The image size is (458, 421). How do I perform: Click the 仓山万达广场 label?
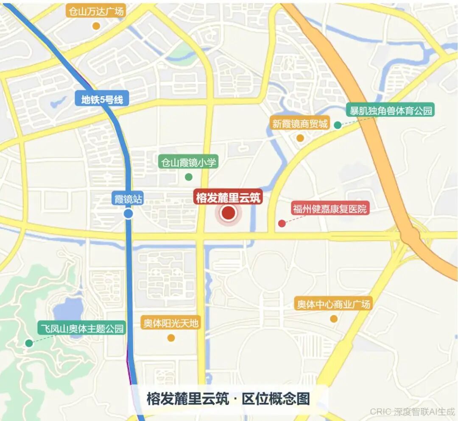pyautogui.click(x=96, y=11)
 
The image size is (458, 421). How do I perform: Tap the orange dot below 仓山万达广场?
pyautogui.click(x=96, y=26)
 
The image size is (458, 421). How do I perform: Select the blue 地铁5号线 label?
pyautogui.click(x=102, y=100)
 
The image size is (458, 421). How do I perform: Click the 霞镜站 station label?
pyautogui.click(x=128, y=199)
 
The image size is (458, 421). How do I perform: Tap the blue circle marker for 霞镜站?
pyautogui.click(x=128, y=214)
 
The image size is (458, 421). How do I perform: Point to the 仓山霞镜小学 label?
pyautogui.click(x=188, y=162)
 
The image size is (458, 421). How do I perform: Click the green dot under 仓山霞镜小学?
pyautogui.click(x=189, y=177)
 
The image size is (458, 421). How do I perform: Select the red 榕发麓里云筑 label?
pyautogui.click(x=229, y=197)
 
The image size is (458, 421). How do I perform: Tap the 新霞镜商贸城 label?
pyautogui.click(x=300, y=124)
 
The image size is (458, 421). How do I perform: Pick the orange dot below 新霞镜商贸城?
pyautogui.click(x=300, y=138)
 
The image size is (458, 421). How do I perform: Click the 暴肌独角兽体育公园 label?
pyautogui.click(x=390, y=111)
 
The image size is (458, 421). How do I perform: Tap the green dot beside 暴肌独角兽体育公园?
pyautogui.click(x=338, y=125)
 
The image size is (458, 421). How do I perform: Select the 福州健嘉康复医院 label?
pyautogui.click(x=330, y=209)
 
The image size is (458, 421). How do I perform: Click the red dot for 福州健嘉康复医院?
pyautogui.click(x=282, y=223)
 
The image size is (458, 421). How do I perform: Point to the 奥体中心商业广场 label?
pyautogui.click(x=333, y=304)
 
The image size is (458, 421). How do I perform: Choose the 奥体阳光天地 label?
pyautogui.click(x=170, y=324)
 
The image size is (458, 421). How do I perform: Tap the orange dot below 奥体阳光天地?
pyautogui.click(x=171, y=338)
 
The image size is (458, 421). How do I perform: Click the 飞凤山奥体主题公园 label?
pyautogui.click(x=82, y=328)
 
